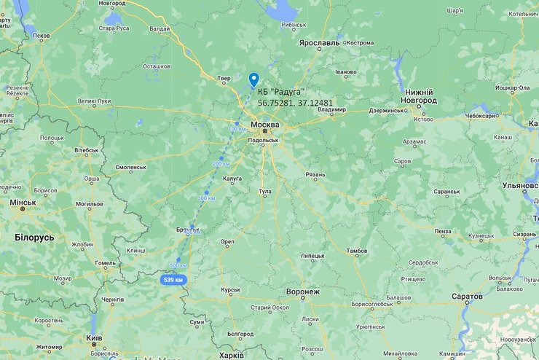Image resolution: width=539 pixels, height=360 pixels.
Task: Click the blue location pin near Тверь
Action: tap(253, 79)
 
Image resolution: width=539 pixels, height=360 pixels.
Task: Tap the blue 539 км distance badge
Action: tap(173, 279)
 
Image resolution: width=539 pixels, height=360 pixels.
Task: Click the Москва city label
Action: tap(264, 125)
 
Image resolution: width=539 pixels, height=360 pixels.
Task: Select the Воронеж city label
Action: tap(303, 291)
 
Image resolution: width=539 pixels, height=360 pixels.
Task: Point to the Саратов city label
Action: tap(466, 297)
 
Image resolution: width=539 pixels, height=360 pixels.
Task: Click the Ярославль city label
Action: tap(319, 43)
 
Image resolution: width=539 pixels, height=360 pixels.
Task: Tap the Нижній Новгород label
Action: tap(419, 97)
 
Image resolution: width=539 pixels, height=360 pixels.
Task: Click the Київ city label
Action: tap(94, 337)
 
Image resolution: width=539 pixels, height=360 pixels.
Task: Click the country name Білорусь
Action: tap(34, 238)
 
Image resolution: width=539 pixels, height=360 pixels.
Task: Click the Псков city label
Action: tap(42, 35)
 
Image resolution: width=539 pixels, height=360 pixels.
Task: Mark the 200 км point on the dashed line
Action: tap(221, 158)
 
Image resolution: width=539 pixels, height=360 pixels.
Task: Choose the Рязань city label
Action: tap(315, 174)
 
